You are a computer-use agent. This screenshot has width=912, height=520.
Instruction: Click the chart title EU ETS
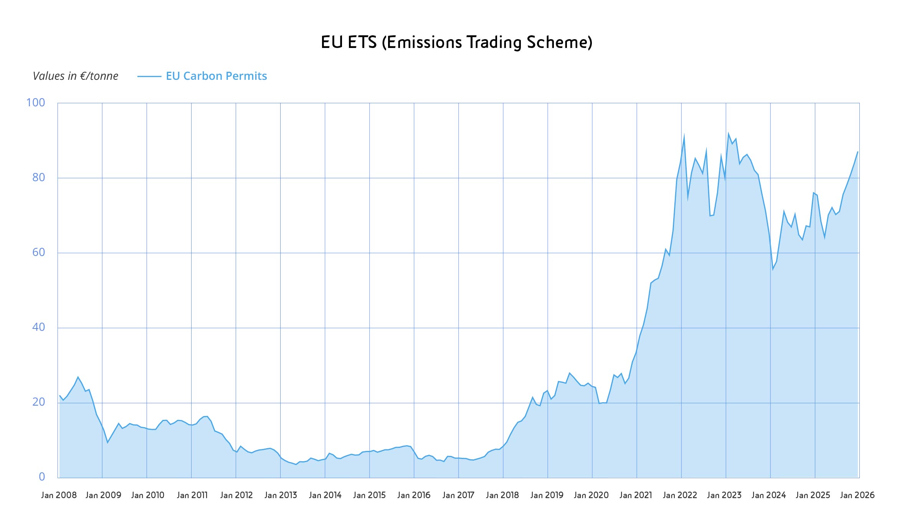[x=456, y=42]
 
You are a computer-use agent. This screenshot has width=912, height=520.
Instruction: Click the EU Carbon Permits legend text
[x=216, y=76]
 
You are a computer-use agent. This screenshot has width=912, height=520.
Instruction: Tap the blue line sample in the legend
[x=149, y=76]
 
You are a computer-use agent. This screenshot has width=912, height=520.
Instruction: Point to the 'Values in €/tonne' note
[x=75, y=76]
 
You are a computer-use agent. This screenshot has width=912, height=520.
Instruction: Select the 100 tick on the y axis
[x=35, y=102]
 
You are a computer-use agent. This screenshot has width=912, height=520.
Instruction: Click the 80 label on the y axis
[x=38, y=177]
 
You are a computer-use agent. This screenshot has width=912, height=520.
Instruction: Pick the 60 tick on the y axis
[x=38, y=252]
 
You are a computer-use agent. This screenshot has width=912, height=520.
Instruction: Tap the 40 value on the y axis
[x=38, y=327]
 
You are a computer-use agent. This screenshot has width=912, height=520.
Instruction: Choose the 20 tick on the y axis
[x=38, y=402]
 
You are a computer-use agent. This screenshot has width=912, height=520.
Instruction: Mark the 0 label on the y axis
[x=42, y=477]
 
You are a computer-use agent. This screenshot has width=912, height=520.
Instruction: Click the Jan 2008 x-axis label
[x=59, y=495]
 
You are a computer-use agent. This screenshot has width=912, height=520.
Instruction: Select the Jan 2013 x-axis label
[x=281, y=495]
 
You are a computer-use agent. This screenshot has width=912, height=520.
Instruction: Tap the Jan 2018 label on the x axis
[x=502, y=495]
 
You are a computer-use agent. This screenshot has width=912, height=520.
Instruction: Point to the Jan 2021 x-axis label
[x=636, y=495]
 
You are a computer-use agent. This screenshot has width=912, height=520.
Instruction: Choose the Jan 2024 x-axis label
[x=768, y=495]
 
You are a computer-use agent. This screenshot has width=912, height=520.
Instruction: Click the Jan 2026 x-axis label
[x=857, y=495]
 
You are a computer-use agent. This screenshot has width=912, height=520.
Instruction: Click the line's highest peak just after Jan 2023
[x=728, y=134]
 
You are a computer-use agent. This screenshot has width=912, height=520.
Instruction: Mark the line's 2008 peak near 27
[x=78, y=377]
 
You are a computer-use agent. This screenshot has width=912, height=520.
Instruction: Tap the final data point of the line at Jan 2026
[x=857, y=152]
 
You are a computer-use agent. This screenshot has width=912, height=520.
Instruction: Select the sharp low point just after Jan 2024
[x=773, y=269]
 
